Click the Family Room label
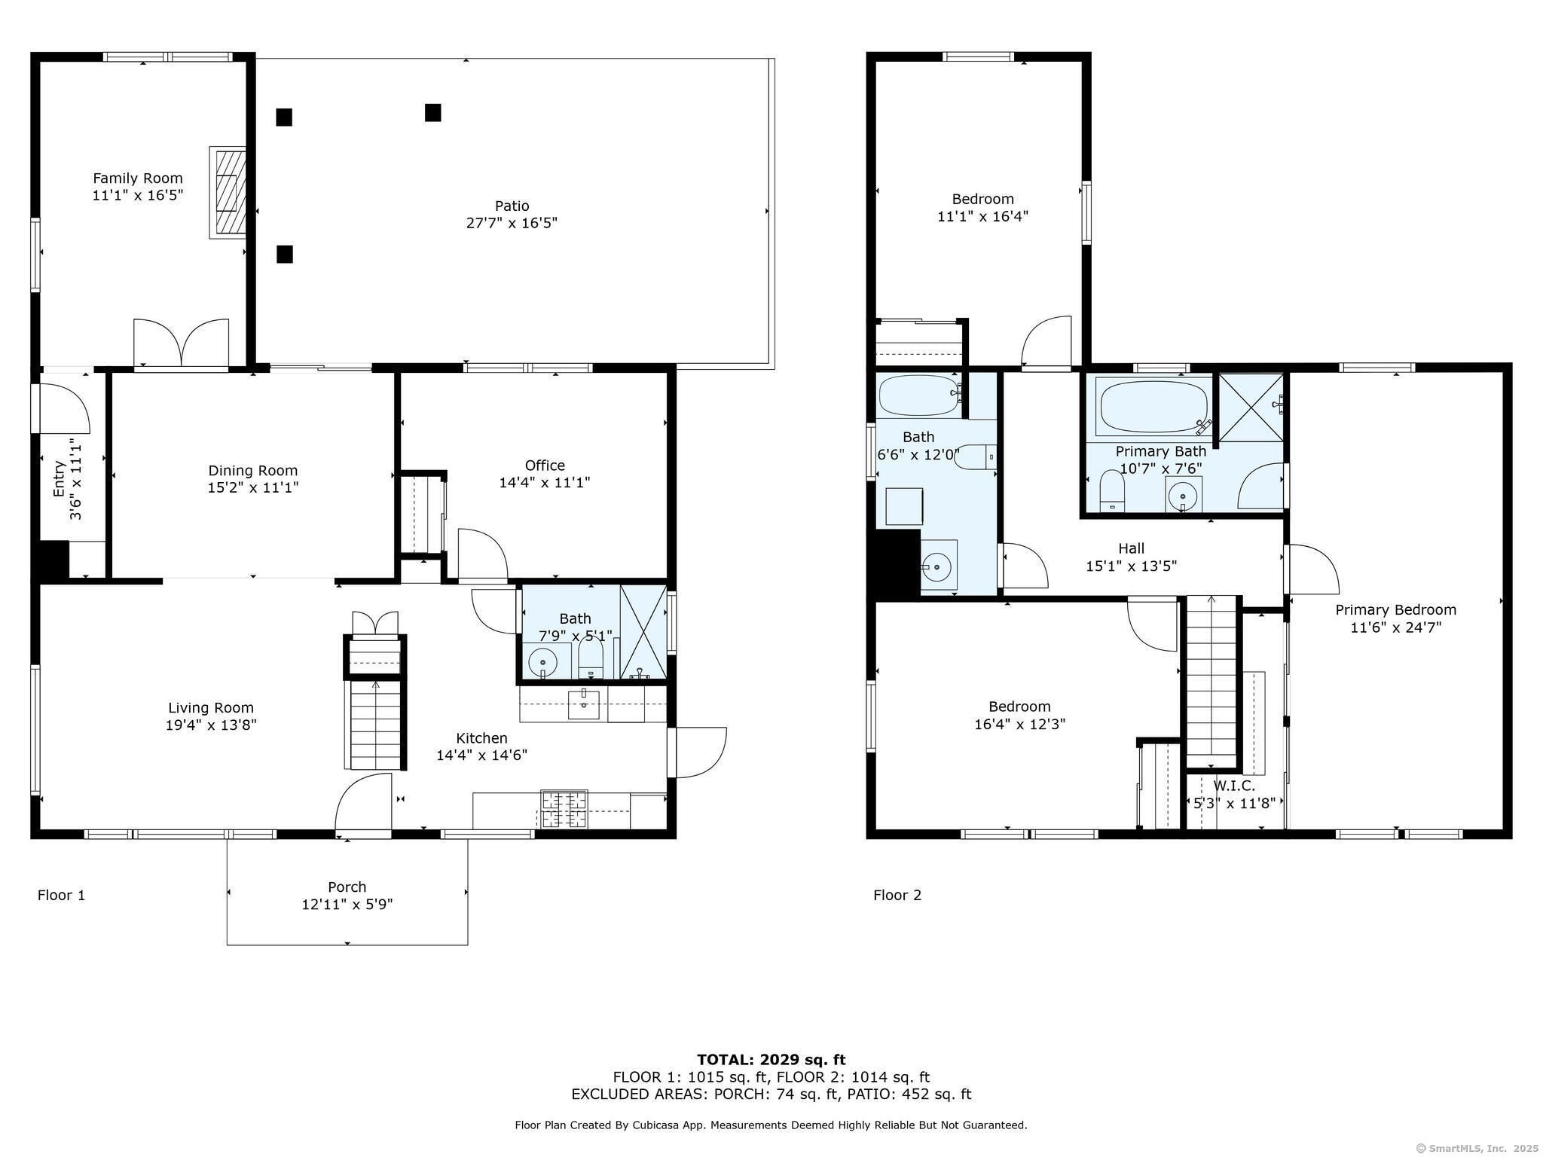(x=138, y=179)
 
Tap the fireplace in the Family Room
(x=228, y=193)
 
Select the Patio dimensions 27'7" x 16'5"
(x=512, y=223)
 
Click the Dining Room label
(x=253, y=471)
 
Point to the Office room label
(x=545, y=466)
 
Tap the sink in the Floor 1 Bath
(x=542, y=663)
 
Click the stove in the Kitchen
(x=564, y=811)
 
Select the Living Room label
(x=211, y=708)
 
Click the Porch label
(x=347, y=887)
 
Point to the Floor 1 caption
(x=62, y=895)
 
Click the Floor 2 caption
(x=897, y=895)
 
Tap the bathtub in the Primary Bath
(x=1153, y=407)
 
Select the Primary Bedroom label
(x=1396, y=610)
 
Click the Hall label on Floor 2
(x=1132, y=549)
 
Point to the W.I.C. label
(x=1234, y=786)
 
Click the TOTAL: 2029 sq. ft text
(x=771, y=1060)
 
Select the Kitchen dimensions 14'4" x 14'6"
(x=482, y=756)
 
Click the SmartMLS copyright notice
(x=1477, y=1148)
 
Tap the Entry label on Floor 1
(x=60, y=479)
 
